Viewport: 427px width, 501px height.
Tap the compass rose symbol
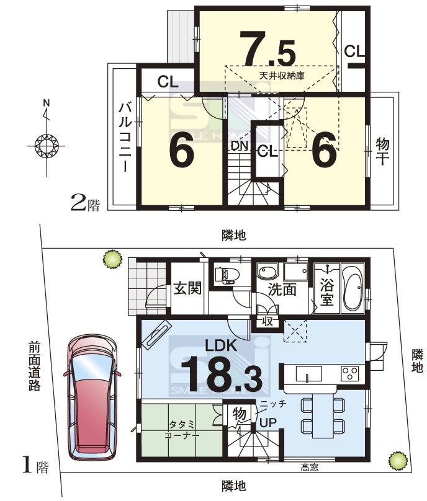click(47, 146)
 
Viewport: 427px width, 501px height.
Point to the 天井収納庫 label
click(282, 76)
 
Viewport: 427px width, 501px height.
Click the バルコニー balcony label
click(125, 138)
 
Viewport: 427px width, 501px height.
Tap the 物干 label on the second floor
click(382, 151)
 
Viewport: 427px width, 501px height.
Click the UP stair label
click(267, 423)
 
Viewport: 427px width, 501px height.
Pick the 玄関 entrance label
click(188, 288)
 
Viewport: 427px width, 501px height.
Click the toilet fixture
click(227, 275)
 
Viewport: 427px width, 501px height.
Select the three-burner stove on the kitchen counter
click(350, 373)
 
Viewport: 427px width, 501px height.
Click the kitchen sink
click(308, 374)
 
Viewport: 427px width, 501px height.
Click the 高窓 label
click(309, 468)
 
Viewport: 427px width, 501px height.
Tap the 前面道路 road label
click(34, 366)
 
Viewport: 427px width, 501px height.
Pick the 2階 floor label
click(85, 204)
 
